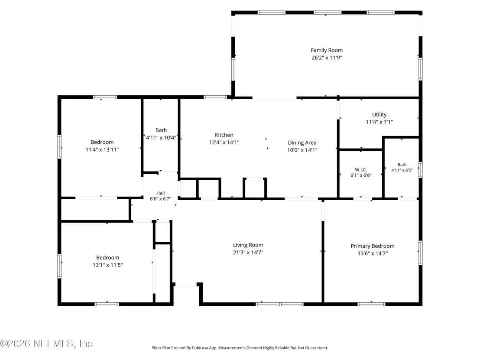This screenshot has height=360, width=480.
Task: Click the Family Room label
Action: [327, 50]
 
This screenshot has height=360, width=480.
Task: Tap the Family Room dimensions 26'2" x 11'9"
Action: [327, 58]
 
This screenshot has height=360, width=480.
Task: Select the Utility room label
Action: [379, 114]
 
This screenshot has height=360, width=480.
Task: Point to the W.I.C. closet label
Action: [361, 169]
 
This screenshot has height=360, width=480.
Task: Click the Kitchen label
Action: [224, 135]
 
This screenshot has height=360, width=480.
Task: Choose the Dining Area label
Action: [302, 143]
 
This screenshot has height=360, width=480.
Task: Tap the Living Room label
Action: [248, 245]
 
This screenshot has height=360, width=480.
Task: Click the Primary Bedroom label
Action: [373, 246]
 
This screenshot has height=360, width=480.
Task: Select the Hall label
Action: [160, 193]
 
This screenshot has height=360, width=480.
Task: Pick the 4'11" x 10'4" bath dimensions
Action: [161, 138]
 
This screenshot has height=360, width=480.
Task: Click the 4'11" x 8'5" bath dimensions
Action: [402, 170]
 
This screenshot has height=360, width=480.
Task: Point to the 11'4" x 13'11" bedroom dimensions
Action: [102, 150]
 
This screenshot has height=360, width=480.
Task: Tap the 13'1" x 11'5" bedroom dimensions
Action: [107, 265]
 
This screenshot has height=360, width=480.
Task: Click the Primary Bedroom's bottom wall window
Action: [371, 304]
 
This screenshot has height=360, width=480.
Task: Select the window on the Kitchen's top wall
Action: [215, 97]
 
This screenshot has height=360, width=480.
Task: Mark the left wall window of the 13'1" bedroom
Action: [59, 266]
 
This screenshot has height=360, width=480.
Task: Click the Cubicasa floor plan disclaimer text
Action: [240, 348]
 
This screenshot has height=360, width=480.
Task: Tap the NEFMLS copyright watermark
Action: [46, 344]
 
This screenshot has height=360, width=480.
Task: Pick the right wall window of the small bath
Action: [421, 170]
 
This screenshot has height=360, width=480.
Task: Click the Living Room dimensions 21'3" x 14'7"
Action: [248, 253]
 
